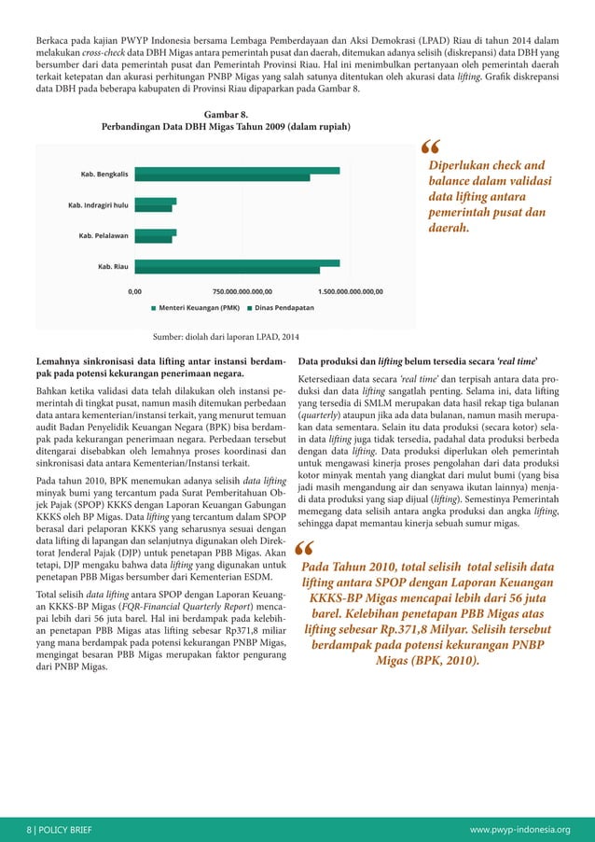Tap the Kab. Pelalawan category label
tap(104, 235)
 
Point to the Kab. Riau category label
tap(113, 266)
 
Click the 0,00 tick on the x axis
tap(136, 290)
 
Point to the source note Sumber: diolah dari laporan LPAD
tap(220, 338)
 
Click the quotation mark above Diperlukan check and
tap(432, 148)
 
